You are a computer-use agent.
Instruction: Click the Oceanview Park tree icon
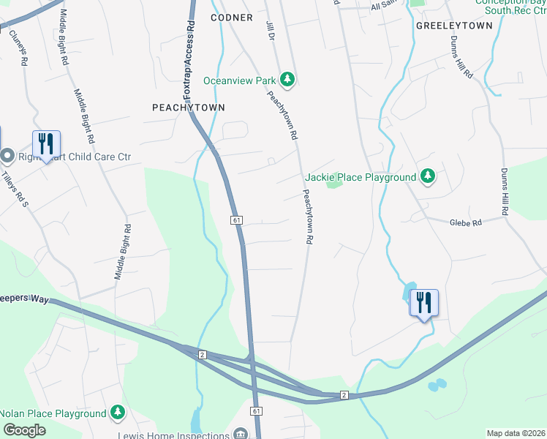[x=287, y=80]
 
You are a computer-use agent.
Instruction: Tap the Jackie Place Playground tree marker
[x=428, y=176]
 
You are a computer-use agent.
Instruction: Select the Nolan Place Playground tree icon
[x=117, y=413]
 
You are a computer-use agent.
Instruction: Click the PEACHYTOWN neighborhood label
[x=188, y=107]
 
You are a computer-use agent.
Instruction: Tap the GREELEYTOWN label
[x=454, y=25]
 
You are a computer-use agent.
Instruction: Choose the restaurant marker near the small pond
[x=424, y=302]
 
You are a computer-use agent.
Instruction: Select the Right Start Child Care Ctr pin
[x=7, y=156]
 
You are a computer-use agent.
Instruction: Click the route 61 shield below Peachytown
[x=236, y=219]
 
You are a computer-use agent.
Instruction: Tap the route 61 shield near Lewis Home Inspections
[x=257, y=412]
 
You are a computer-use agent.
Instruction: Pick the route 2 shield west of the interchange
[x=203, y=355]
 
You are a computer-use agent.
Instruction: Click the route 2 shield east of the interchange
[x=343, y=395]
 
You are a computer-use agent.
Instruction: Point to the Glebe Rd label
[x=465, y=222]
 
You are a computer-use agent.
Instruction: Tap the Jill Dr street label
[x=270, y=29]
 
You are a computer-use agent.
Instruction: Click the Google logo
[x=24, y=430]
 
